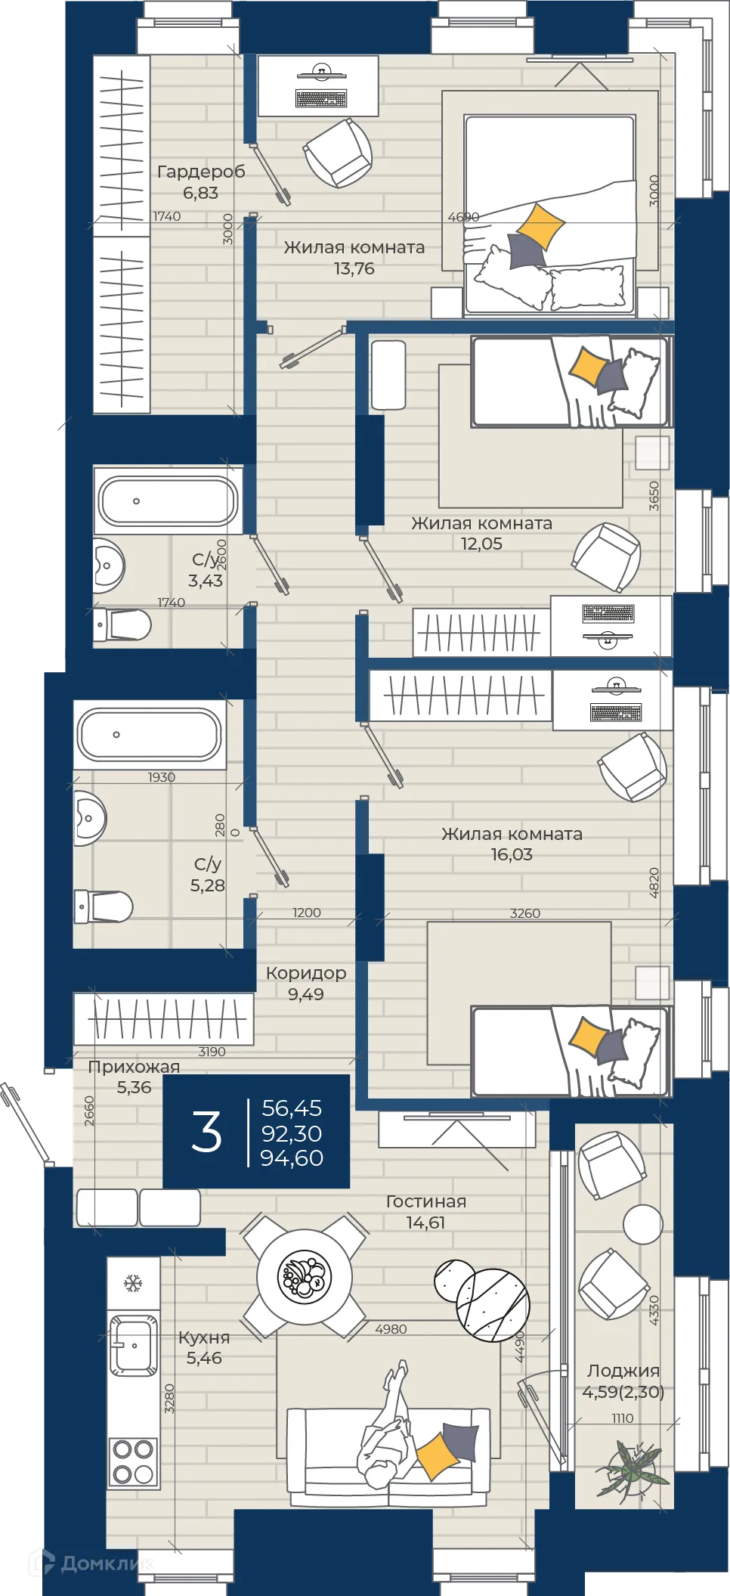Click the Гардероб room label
(x=201, y=172)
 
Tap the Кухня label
(x=204, y=1337)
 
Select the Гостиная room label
(x=426, y=1201)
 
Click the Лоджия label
(x=623, y=1371)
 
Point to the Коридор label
(x=306, y=973)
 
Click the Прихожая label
(x=135, y=1067)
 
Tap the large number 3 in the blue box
(x=206, y=1132)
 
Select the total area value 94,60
(x=292, y=1157)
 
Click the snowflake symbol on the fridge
(x=133, y=1283)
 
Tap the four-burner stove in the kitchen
(x=133, y=1462)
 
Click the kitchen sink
(x=134, y=1346)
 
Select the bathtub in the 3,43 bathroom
(x=169, y=500)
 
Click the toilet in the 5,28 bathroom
(x=104, y=906)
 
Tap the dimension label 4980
(x=391, y=1329)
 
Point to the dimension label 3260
(x=525, y=913)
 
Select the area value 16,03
(x=512, y=854)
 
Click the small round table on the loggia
(x=643, y=1224)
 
